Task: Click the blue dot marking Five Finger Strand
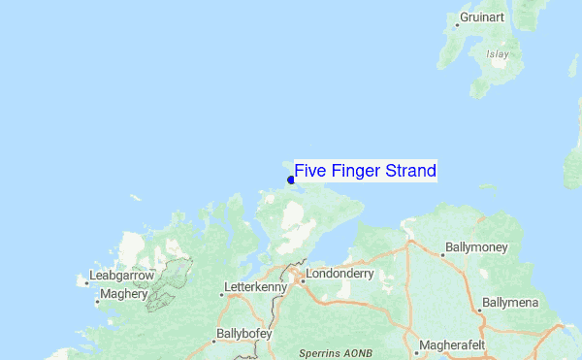coord(291,180)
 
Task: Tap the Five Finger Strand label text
coord(366,172)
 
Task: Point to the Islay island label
coord(498,55)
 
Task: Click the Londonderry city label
coord(339,275)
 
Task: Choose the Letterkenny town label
coord(256,288)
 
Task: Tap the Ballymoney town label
coord(476,248)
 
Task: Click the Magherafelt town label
coord(457,344)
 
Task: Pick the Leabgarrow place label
coord(123,276)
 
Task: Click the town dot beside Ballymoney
coord(443,255)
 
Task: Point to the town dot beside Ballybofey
coord(214,340)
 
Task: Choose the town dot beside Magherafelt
coord(418,344)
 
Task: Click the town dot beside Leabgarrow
coord(86,283)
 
